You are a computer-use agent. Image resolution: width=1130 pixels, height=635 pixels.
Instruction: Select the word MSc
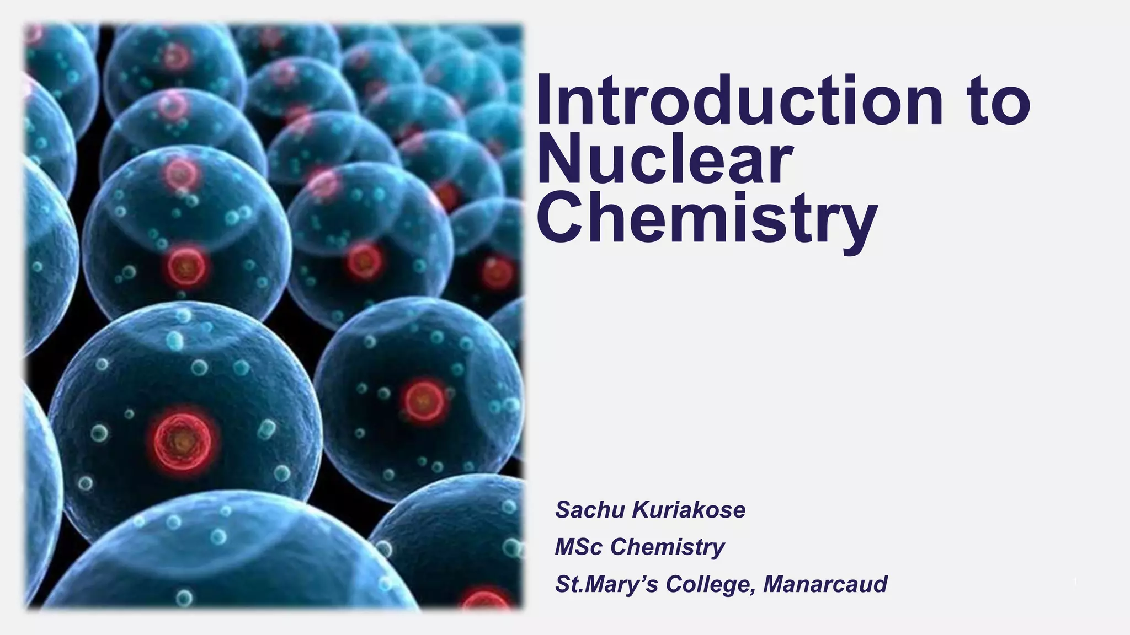tap(579, 547)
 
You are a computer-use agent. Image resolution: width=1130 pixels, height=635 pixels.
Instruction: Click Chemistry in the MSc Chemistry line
tap(668, 547)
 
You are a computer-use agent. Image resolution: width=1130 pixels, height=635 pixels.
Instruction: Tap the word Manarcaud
tap(825, 584)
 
